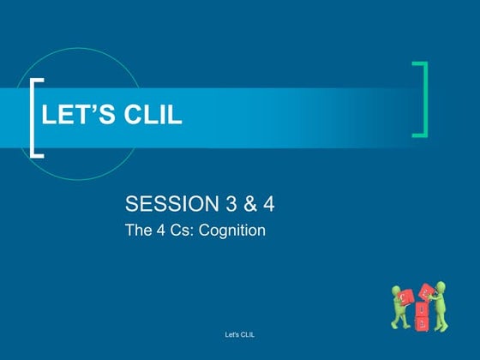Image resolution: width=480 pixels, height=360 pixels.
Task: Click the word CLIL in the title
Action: coord(155,116)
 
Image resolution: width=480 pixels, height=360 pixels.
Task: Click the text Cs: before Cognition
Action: coord(182,229)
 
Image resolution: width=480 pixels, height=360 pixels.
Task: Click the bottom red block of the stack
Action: coord(422,323)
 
